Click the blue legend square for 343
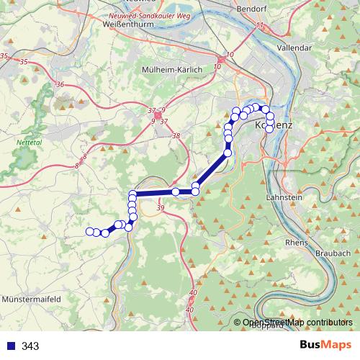pos(11,346)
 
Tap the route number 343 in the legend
pos(30,346)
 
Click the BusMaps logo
pos(325,346)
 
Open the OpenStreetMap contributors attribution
pos(297,323)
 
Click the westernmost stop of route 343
pos(90,231)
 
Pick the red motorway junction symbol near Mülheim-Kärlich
pos(158,114)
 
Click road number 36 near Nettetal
pos(59,85)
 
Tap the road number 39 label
pos(160,207)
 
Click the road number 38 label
pos(176,135)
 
